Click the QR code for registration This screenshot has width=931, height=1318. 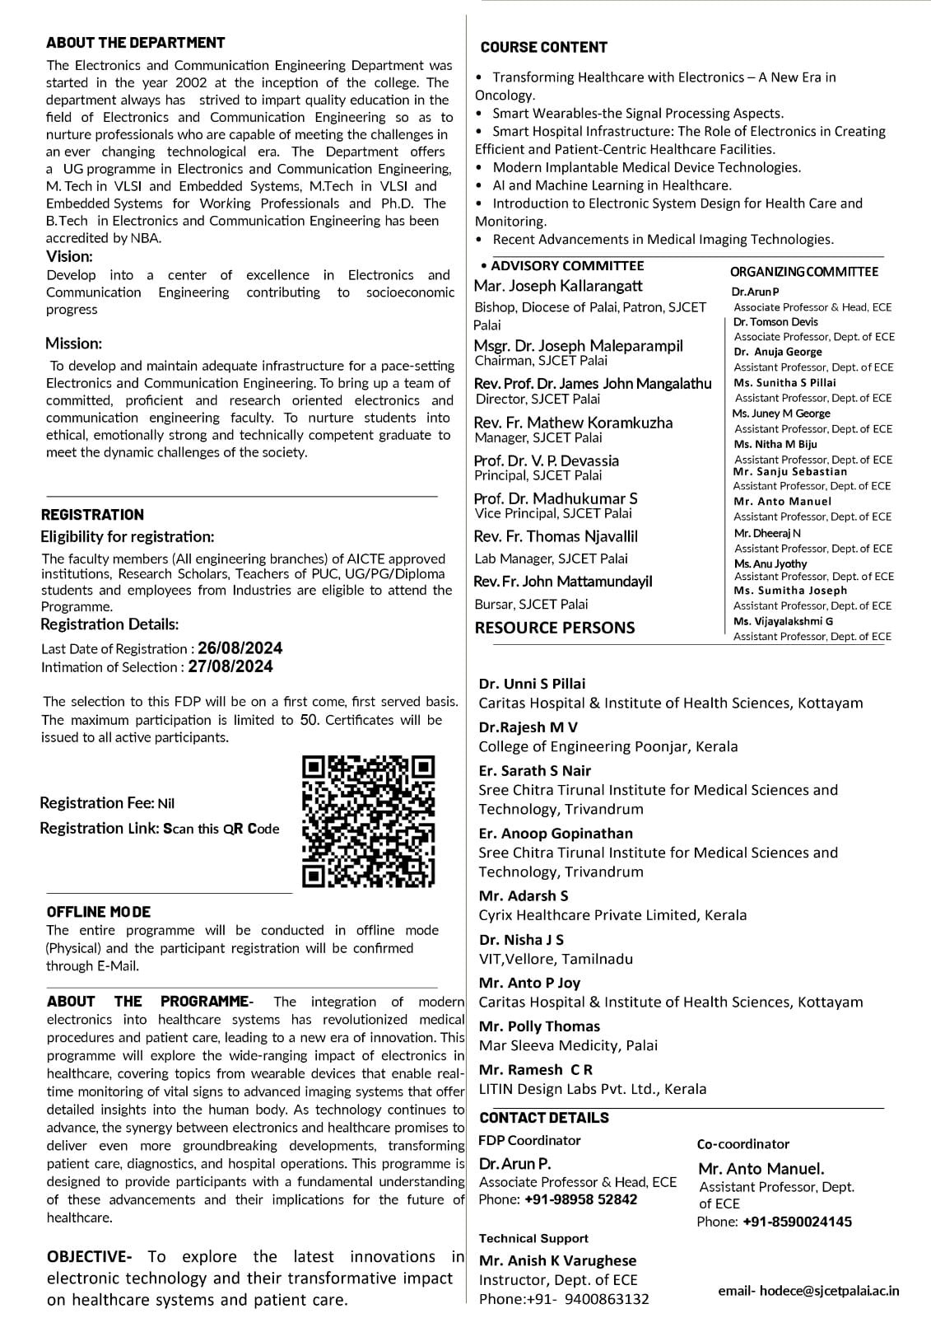tap(369, 821)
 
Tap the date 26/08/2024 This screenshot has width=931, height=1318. tap(240, 648)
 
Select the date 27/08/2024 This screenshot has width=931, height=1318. tap(230, 666)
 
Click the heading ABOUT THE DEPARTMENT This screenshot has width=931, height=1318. tap(135, 43)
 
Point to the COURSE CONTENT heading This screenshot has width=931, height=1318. tap(543, 48)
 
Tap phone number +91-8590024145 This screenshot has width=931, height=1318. tap(797, 1222)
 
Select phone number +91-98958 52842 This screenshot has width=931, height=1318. tap(580, 1199)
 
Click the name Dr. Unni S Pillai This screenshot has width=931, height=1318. tap(532, 684)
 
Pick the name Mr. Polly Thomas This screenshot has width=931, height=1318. tap(539, 1026)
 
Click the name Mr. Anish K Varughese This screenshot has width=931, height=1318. tap(557, 1260)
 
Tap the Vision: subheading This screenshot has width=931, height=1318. tap(69, 256)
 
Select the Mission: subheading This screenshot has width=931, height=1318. tap(73, 344)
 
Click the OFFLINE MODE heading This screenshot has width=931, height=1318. tap(99, 912)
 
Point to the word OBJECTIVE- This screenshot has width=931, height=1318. tap(89, 1257)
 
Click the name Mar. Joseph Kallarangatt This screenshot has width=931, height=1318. tap(558, 286)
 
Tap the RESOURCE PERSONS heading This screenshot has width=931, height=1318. tap(555, 628)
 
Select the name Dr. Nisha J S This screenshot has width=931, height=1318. tap(521, 940)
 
